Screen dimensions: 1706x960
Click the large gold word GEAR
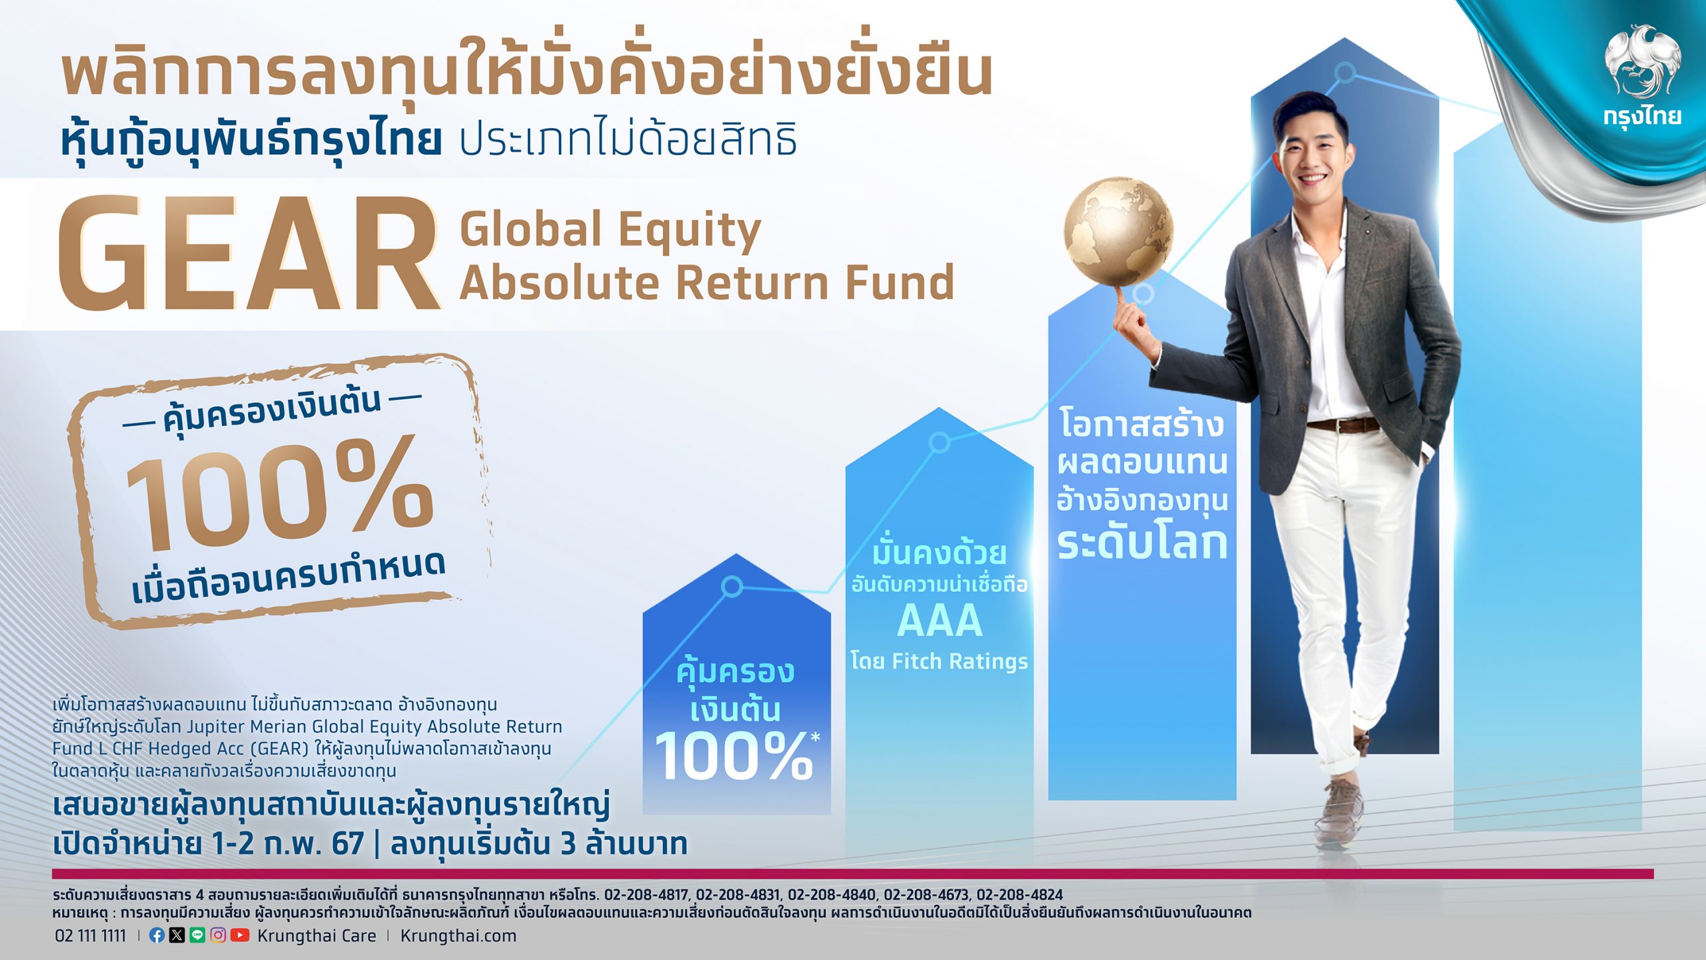click(x=249, y=254)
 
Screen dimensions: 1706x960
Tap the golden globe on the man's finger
click(x=1119, y=232)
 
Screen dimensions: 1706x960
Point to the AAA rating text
click(x=940, y=621)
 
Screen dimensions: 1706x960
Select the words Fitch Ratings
click(x=960, y=661)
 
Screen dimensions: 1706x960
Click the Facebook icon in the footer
click(x=157, y=935)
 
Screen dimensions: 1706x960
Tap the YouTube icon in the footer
click(x=240, y=935)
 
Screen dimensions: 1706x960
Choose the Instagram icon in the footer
click(x=218, y=935)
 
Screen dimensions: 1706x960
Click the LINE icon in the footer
click(x=197, y=935)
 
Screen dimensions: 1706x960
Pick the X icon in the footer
click(x=177, y=935)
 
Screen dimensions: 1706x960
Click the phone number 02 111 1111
click(x=90, y=936)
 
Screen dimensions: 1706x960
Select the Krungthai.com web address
click(x=458, y=936)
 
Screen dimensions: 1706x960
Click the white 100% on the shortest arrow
click(x=734, y=756)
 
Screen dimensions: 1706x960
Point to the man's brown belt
click(x=1342, y=425)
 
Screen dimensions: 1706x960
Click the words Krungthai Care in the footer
click(x=317, y=936)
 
